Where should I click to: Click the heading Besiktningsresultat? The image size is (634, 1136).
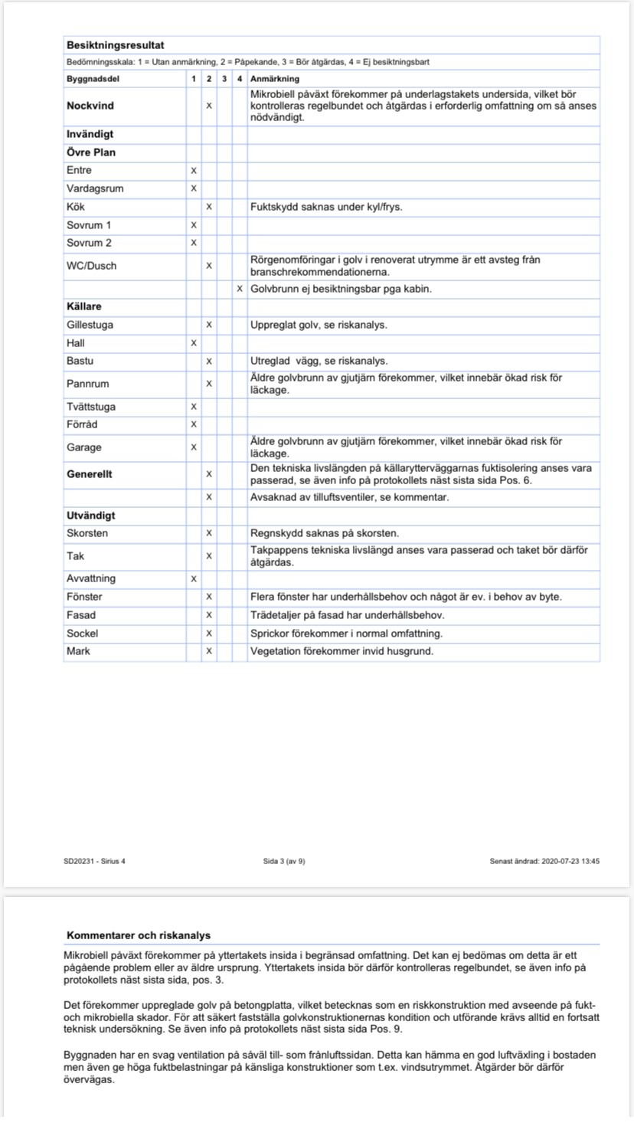(115, 45)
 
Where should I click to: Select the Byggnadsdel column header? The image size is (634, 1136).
(93, 79)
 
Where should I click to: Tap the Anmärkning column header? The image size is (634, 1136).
(275, 79)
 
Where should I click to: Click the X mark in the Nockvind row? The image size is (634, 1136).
(209, 106)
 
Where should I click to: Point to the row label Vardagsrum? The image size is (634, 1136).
(95, 188)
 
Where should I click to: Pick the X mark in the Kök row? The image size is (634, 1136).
(209, 207)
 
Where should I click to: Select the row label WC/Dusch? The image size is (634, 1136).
(92, 266)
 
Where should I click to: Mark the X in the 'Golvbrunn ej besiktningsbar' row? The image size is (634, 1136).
(240, 289)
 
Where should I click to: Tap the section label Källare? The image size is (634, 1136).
(84, 306)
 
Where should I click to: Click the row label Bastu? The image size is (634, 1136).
(80, 361)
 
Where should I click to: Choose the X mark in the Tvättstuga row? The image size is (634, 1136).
(194, 407)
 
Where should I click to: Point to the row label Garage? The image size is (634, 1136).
(84, 447)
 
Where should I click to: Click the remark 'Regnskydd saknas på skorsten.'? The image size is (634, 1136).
(325, 533)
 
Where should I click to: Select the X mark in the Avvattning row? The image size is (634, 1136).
(194, 578)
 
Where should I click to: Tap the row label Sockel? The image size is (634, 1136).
(83, 633)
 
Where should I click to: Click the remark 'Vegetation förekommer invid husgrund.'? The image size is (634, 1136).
(342, 652)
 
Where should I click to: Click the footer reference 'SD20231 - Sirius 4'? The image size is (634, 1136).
(95, 861)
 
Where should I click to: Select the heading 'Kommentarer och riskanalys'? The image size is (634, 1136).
(139, 935)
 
